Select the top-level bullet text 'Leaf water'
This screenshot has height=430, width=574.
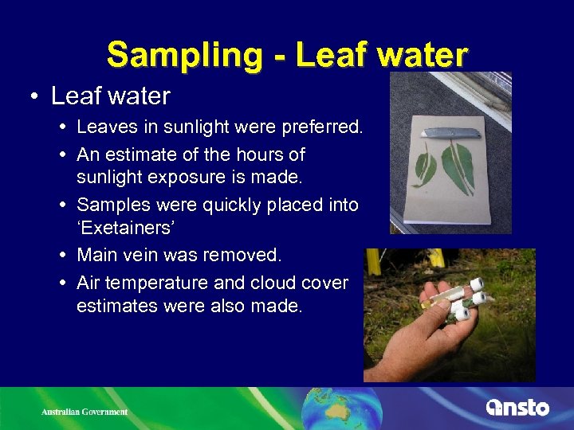[x=110, y=96]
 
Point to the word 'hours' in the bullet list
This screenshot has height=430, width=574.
[x=256, y=154]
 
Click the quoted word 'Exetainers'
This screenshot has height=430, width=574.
[x=136, y=230]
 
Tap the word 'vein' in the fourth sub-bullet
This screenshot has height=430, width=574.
[x=149, y=256]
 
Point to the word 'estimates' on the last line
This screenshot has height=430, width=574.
[x=114, y=305]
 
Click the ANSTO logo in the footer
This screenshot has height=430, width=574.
[x=517, y=408]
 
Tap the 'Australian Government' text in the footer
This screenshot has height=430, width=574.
[x=85, y=412]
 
